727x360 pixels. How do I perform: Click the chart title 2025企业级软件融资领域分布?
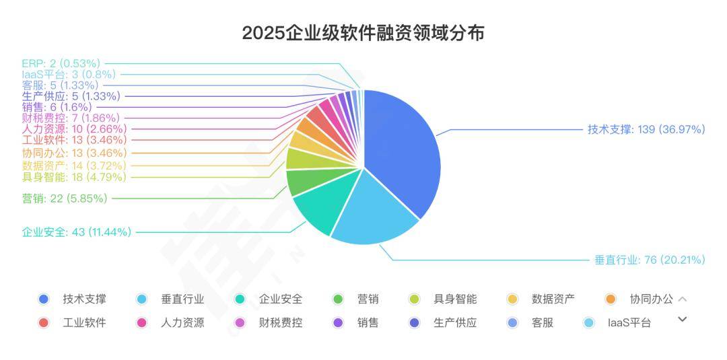pos(363,33)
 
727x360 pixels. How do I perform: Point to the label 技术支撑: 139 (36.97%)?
pos(646,129)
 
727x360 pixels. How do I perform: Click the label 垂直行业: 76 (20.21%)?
pos(650,260)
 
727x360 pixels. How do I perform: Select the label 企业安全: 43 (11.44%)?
pos(77,232)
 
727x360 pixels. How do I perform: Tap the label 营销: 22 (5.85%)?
pos(65,198)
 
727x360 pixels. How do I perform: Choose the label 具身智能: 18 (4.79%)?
pos(74,177)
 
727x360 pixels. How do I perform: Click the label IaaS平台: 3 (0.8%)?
pos(69,74)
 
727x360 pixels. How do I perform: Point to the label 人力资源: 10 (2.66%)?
pos(74,129)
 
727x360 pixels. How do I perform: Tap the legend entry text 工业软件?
pos(84,322)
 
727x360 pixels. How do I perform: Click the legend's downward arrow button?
pos(682,319)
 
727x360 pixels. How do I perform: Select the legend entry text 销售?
pos(368,322)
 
